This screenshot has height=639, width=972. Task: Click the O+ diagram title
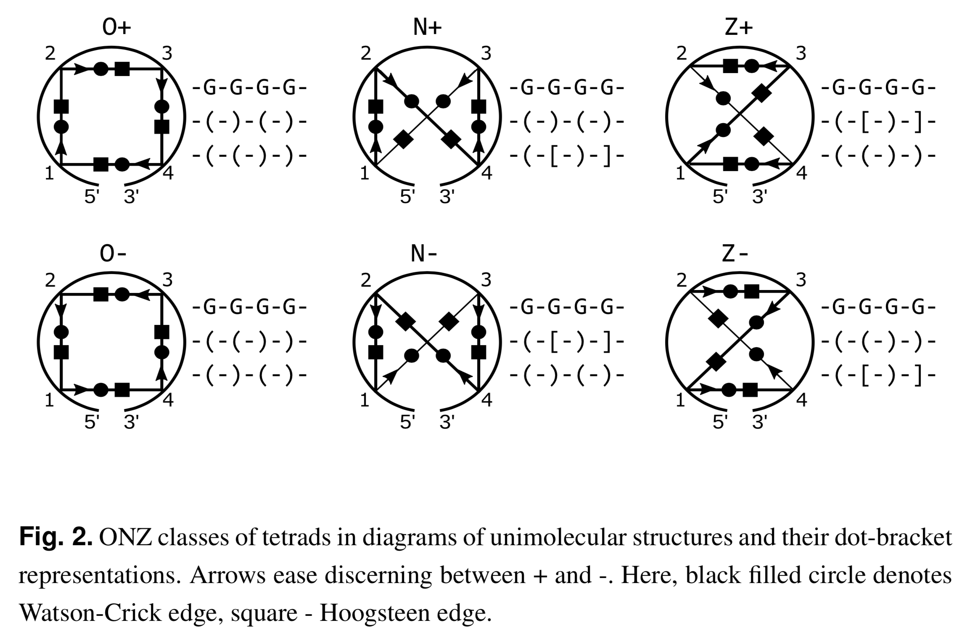pyautogui.click(x=116, y=27)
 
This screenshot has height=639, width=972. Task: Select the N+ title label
pyautogui.click(x=427, y=27)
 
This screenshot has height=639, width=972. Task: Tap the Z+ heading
pyautogui.click(x=739, y=27)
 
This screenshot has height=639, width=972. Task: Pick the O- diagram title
pyautogui.click(x=113, y=253)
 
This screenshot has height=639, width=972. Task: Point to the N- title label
pyautogui.click(x=424, y=253)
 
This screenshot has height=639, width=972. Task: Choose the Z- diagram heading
pyautogui.click(x=735, y=253)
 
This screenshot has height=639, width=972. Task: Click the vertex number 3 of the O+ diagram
pyautogui.click(x=167, y=54)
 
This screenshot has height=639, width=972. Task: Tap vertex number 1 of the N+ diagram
pyautogui.click(x=364, y=173)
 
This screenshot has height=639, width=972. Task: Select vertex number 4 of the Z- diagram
pyautogui.click(x=802, y=399)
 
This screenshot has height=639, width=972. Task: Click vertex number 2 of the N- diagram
pyautogui.click(x=366, y=280)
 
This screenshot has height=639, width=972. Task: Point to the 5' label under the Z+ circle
pyautogui.click(x=720, y=196)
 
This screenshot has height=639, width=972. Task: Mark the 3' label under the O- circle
pyautogui.click(x=131, y=422)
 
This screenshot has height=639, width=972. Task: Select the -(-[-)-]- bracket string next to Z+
pyautogui.click(x=878, y=122)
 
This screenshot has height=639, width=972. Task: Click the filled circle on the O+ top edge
pyautogui.click(x=101, y=69)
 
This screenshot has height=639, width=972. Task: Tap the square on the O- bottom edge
pyautogui.click(x=122, y=390)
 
